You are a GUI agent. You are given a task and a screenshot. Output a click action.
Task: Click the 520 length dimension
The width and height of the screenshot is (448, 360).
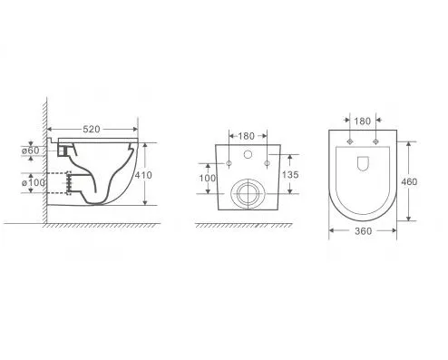tap(92, 129)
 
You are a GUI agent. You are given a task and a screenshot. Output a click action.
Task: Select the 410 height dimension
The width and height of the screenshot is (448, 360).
tap(143, 175)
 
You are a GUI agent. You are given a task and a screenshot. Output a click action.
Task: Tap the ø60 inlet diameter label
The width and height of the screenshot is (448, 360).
tap(30, 151)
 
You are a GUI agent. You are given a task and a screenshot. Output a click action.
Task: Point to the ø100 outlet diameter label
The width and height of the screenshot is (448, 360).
tap(34, 182)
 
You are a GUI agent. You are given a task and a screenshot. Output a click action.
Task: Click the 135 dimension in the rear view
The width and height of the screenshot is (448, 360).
tap(290, 174)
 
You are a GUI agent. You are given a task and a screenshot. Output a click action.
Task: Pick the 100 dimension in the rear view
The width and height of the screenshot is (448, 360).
tap(208, 178)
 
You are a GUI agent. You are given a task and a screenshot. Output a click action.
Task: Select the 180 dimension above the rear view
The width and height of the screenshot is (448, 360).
tap(246, 136)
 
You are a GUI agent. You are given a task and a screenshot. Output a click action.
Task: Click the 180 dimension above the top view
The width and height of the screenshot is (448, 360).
tap(362, 122)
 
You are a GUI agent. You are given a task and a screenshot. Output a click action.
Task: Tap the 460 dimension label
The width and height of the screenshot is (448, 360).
tap(409, 181)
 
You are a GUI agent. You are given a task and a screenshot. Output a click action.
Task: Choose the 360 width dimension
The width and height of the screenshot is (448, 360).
tap(363, 231)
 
